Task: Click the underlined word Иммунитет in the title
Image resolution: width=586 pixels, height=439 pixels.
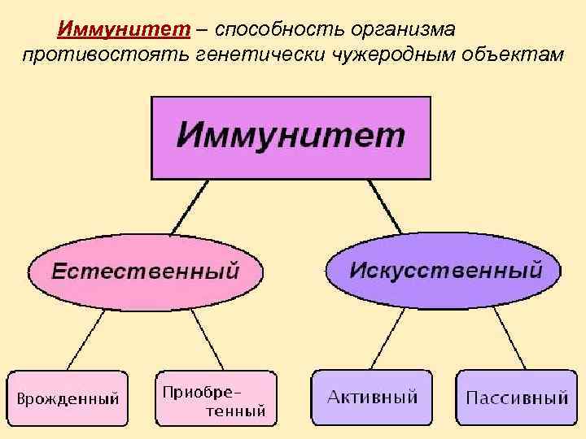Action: tap(124, 30)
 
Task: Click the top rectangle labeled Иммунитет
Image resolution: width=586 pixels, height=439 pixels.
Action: tap(291, 137)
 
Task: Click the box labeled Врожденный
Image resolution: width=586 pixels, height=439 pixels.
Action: tap(68, 398)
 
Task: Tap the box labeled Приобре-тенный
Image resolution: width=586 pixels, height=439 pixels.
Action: tap(216, 398)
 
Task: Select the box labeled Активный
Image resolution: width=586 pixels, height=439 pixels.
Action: tap(372, 398)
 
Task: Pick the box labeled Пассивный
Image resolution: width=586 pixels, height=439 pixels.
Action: tap(516, 398)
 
